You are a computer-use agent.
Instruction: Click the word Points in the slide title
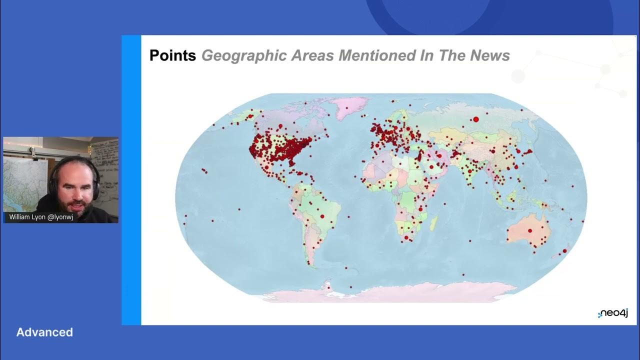click(x=172, y=55)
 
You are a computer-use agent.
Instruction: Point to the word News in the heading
click(x=490, y=55)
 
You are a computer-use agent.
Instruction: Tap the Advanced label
click(x=44, y=332)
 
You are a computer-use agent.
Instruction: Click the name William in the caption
click(x=20, y=217)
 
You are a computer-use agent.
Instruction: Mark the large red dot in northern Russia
click(x=476, y=119)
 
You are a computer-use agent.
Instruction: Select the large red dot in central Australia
click(x=530, y=230)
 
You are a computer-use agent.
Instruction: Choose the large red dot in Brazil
click(x=322, y=216)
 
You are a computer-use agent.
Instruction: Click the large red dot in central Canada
click(x=280, y=126)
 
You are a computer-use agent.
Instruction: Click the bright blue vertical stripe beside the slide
click(x=131, y=180)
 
